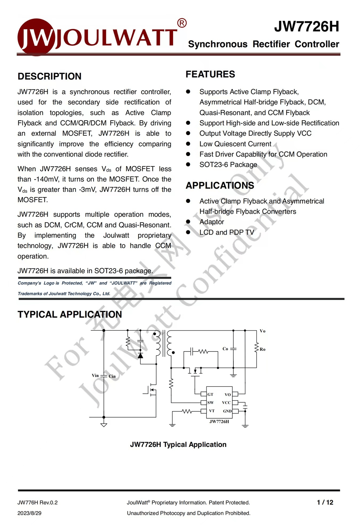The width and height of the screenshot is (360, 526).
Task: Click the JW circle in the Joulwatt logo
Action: click(36, 37)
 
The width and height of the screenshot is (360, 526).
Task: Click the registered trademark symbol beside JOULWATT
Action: click(182, 23)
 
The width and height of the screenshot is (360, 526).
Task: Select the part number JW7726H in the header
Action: click(306, 26)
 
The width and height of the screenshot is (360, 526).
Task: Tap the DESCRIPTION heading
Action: click(49, 76)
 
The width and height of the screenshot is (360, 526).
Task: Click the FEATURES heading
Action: click(210, 74)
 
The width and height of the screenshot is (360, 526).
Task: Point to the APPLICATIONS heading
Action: click(220, 185)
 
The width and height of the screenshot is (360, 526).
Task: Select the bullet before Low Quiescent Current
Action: click(188, 144)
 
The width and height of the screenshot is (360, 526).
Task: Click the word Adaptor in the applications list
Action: click(212, 222)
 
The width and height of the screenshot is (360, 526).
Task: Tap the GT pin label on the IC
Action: click(210, 395)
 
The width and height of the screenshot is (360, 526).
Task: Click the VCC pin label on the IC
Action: click(226, 403)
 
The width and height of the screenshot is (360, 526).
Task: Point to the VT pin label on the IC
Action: click(212, 411)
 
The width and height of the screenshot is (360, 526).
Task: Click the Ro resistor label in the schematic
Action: click(262, 349)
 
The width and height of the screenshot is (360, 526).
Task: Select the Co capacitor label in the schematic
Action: click(225, 349)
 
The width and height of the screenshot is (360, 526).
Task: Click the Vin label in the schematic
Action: click(95, 375)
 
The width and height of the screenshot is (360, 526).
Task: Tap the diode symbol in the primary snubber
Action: click(140, 355)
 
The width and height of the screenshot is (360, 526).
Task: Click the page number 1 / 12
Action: click(325, 502)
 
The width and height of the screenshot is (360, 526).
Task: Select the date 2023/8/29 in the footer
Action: click(29, 513)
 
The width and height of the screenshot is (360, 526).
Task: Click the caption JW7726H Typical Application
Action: click(178, 445)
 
